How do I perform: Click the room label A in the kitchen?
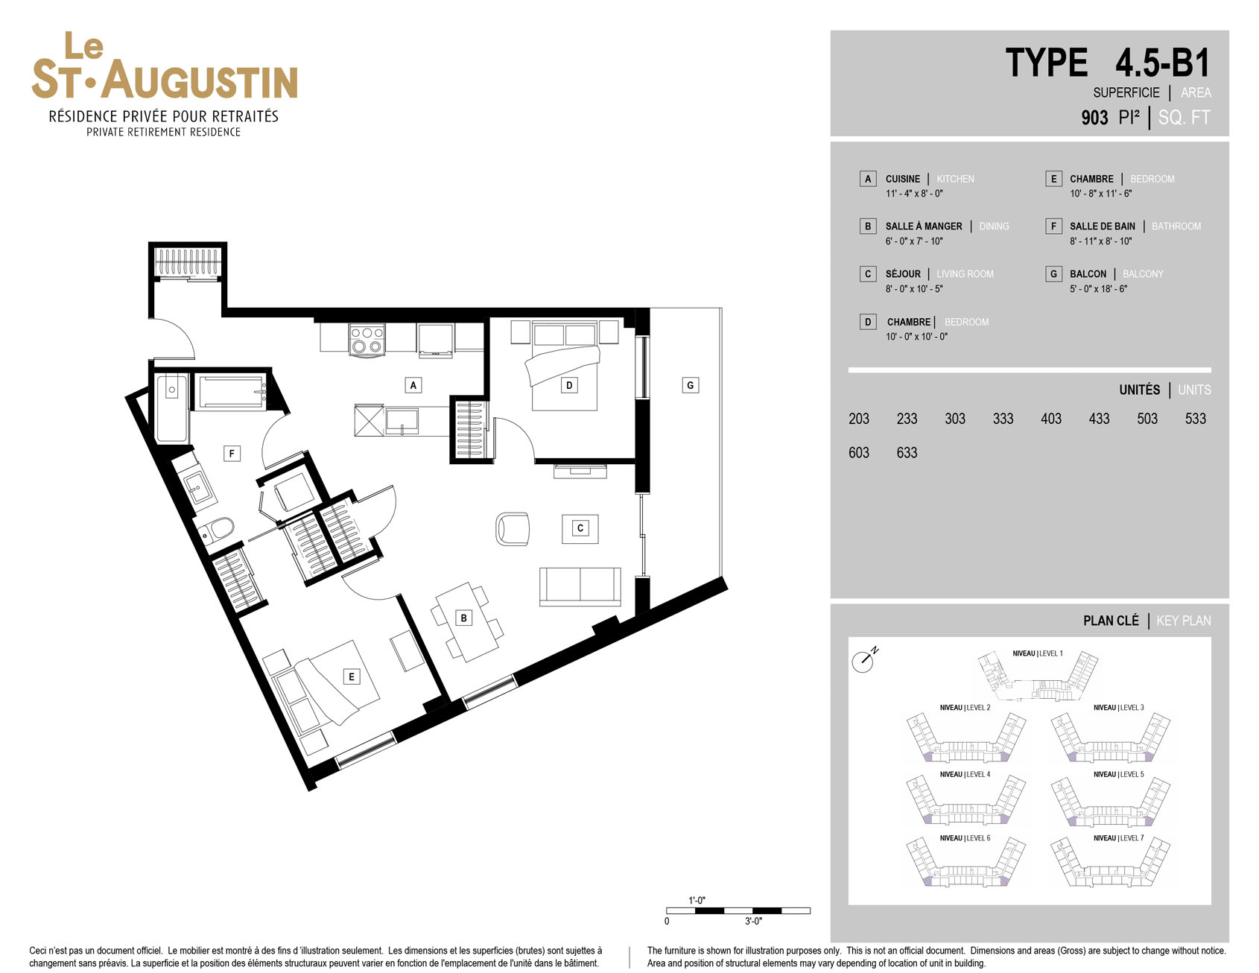(413, 385)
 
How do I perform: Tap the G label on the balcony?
(691, 385)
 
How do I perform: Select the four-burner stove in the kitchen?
(367, 339)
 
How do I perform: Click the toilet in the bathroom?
(217, 530)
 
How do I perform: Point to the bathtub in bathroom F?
(232, 392)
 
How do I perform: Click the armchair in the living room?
(513, 529)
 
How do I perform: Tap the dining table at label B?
(467, 621)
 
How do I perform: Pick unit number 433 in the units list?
(1099, 419)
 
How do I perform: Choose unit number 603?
(859, 452)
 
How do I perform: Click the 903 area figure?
(1094, 118)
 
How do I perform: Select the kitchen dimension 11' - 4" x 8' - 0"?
(914, 194)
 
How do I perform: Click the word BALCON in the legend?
(1088, 274)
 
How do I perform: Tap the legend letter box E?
(1053, 179)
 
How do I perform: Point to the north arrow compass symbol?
(864, 659)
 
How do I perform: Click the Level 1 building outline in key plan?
(1038, 676)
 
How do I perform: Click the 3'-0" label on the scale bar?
(753, 922)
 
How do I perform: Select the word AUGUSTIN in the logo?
(200, 80)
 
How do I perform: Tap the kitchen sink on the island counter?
(402, 421)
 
